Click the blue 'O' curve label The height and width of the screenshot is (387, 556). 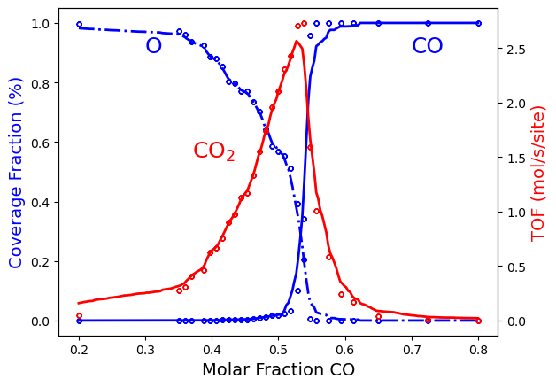click(x=153, y=46)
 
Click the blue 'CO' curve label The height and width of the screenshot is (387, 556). click(x=428, y=46)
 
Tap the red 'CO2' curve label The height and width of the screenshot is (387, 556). click(x=213, y=151)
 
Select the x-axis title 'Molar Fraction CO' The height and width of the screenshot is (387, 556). click(x=278, y=369)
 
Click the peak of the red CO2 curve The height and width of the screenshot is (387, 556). click(x=297, y=41)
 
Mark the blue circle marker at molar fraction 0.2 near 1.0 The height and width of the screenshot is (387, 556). click(x=79, y=24)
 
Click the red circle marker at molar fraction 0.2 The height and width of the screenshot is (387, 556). click(x=79, y=315)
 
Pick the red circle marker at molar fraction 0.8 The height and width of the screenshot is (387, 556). click(x=478, y=321)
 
